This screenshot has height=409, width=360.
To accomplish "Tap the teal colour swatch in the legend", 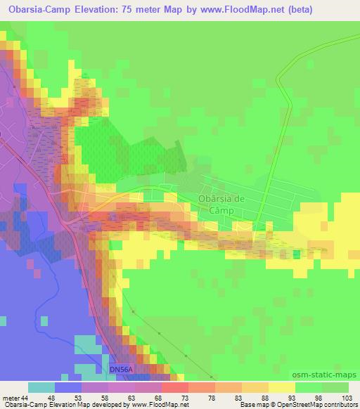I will click(x=41, y=387).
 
